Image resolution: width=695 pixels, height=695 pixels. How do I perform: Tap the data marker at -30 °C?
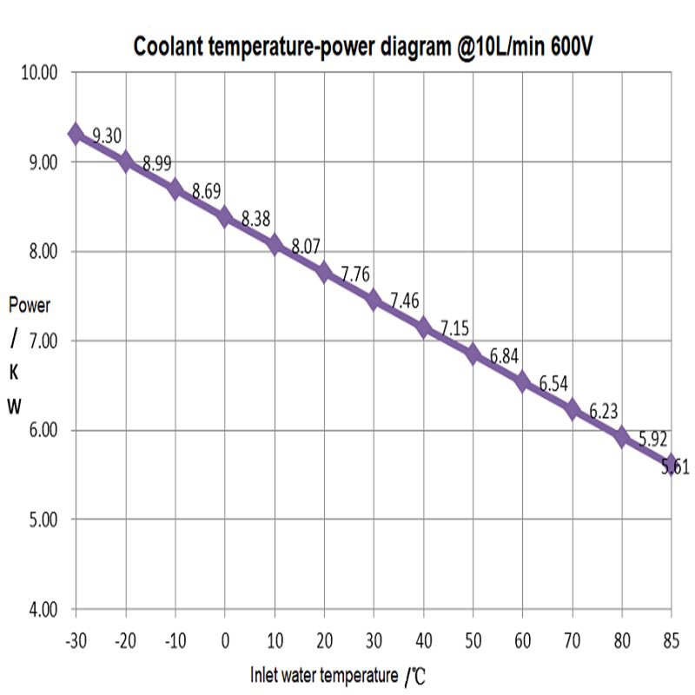pos(76,134)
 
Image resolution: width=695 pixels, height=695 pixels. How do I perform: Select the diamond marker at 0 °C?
pos(225,217)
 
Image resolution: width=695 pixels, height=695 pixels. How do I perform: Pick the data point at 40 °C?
pos(423,328)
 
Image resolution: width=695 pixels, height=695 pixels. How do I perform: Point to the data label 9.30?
pos(106,136)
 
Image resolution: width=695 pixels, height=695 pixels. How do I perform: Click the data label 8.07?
pos(306,247)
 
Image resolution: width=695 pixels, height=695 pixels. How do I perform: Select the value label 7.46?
pos(405,301)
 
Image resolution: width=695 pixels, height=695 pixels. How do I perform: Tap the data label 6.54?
pos(553,384)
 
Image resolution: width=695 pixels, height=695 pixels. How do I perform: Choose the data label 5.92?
pos(652,440)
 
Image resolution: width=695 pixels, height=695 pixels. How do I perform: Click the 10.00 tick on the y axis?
pos(37,73)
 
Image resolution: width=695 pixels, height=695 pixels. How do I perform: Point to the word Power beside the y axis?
pos(30,306)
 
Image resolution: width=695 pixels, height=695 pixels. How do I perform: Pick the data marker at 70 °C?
pos(572,409)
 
